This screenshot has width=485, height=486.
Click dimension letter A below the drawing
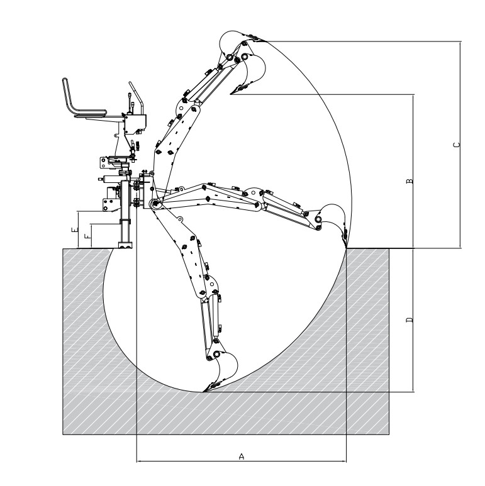(242, 457)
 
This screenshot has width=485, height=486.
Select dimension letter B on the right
(410, 180)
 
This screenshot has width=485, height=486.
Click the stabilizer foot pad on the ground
(126, 246)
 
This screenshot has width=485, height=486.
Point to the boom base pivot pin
(153, 202)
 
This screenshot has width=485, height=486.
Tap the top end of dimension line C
(460, 41)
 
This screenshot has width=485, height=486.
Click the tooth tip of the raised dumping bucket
(231, 95)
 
